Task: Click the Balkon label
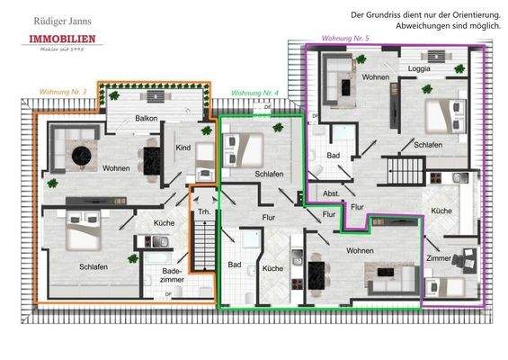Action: [147, 118]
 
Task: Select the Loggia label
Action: [419, 68]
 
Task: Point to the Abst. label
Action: [330, 193]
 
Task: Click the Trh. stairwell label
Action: [203, 211]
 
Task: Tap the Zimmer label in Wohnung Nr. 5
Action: [438, 257]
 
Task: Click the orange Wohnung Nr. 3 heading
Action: [64, 92]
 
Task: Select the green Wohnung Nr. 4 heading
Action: [255, 93]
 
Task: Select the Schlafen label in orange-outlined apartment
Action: [94, 266]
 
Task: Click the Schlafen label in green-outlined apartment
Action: [270, 174]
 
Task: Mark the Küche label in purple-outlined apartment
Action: [441, 211]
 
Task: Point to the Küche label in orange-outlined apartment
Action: [164, 222]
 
